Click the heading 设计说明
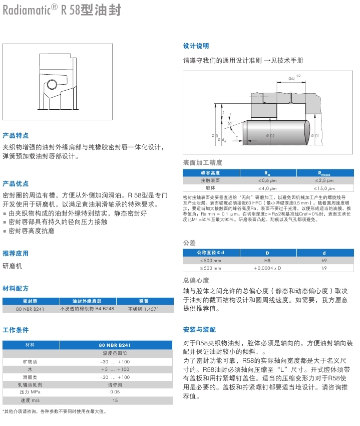pyautogui.click(x=196, y=46)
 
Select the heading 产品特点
pyautogui.click(x=16, y=135)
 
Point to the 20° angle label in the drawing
pyautogui.click(x=230, y=123)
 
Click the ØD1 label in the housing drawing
pyautogui.click(x=315, y=136)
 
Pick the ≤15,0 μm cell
pyautogui.click(x=324, y=187)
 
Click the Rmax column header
pyautogui.click(x=324, y=172)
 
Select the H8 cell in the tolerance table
pyautogui.click(x=267, y=261)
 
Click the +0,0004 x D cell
pyautogui.click(x=267, y=268)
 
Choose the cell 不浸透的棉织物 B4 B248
pyautogui.click(x=87, y=309)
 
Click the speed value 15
pyautogui.click(x=115, y=400)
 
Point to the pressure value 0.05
pyautogui.click(x=115, y=392)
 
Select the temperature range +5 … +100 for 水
pyautogui.click(x=115, y=369)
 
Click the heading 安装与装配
pyautogui.click(x=200, y=330)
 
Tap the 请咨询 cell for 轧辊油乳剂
pyautogui.click(x=115, y=385)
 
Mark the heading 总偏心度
pyautogui.click(x=196, y=280)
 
